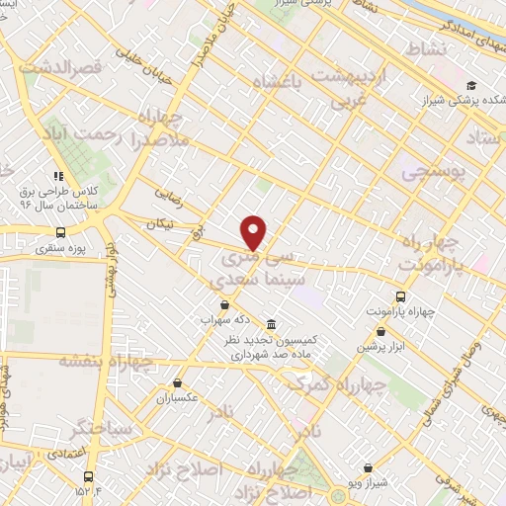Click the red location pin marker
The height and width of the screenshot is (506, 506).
pos(255,232)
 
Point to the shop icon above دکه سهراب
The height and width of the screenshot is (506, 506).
pos(224,305)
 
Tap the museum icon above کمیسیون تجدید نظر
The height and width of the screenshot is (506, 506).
pos(271,324)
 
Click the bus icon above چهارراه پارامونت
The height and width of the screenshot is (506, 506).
pos(400,296)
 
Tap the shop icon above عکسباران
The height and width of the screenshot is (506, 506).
pos(178,382)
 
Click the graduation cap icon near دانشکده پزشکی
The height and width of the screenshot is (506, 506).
pos(471,86)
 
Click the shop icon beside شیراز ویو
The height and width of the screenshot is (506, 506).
pos(368,468)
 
